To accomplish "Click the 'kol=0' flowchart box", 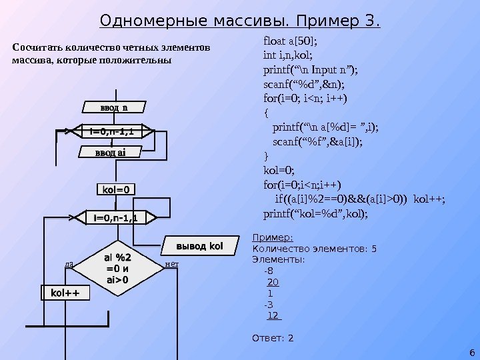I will [115, 190].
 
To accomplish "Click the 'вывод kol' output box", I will [198, 246].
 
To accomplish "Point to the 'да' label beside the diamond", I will [69, 265].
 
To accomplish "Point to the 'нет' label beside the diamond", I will [171, 265].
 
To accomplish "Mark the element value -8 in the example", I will [268, 271].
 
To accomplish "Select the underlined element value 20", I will [273, 282].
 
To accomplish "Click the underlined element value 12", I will [274, 315].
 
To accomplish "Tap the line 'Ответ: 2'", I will [272, 339].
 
